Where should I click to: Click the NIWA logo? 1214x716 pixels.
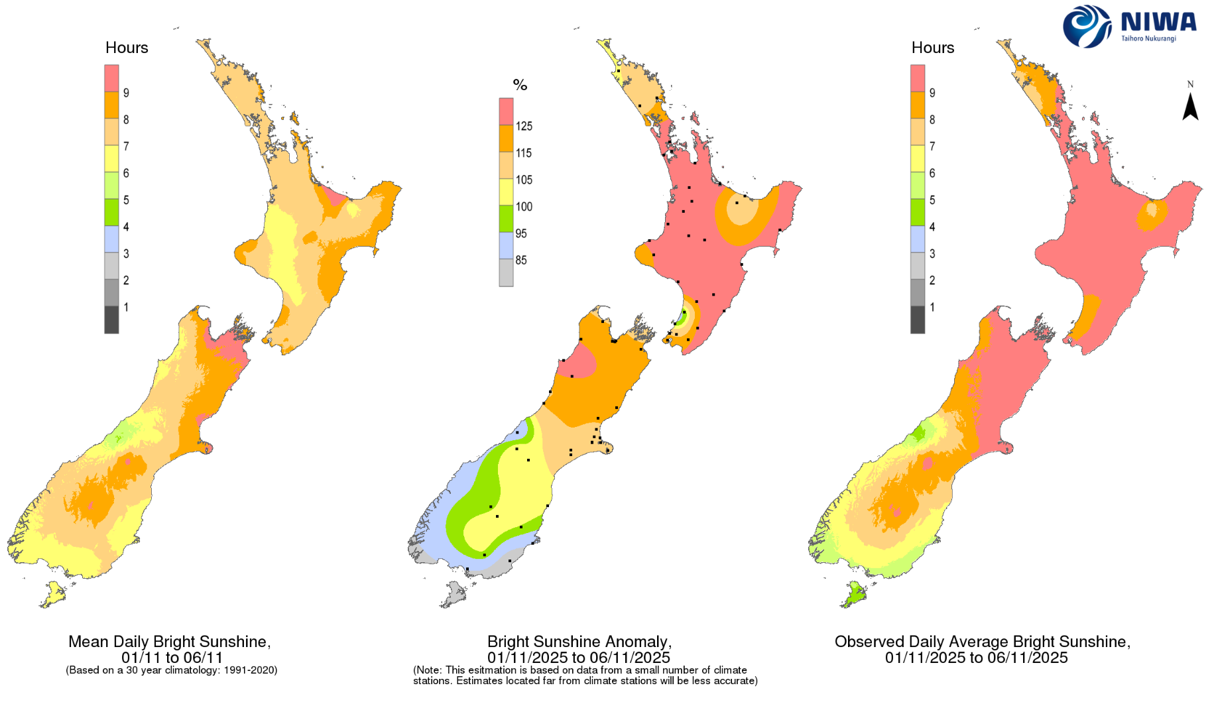click(x=1128, y=26)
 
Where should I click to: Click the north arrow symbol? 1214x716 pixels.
click(x=1190, y=106)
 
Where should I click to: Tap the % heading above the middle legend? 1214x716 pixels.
click(x=520, y=85)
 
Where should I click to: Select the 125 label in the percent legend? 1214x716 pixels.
click(x=524, y=126)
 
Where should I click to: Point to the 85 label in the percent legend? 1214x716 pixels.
click(x=521, y=260)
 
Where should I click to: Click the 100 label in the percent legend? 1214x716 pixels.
click(x=524, y=206)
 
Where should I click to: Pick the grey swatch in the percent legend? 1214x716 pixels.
click(x=506, y=272)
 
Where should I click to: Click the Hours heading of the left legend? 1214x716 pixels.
click(x=127, y=48)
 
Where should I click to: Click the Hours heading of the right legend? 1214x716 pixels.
click(x=932, y=48)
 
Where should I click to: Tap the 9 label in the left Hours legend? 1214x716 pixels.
click(x=126, y=93)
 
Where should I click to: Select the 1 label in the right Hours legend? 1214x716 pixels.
click(x=932, y=307)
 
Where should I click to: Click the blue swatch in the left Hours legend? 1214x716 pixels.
click(x=111, y=239)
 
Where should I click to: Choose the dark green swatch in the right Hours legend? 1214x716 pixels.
click(x=918, y=212)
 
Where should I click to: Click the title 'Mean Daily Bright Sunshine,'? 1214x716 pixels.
click(x=169, y=642)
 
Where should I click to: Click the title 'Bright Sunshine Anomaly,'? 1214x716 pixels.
click(x=579, y=642)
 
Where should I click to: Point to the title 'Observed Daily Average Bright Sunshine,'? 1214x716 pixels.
click(x=982, y=642)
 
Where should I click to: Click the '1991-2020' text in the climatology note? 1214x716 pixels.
click(x=252, y=670)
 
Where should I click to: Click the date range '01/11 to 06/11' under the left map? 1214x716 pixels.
click(x=172, y=658)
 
